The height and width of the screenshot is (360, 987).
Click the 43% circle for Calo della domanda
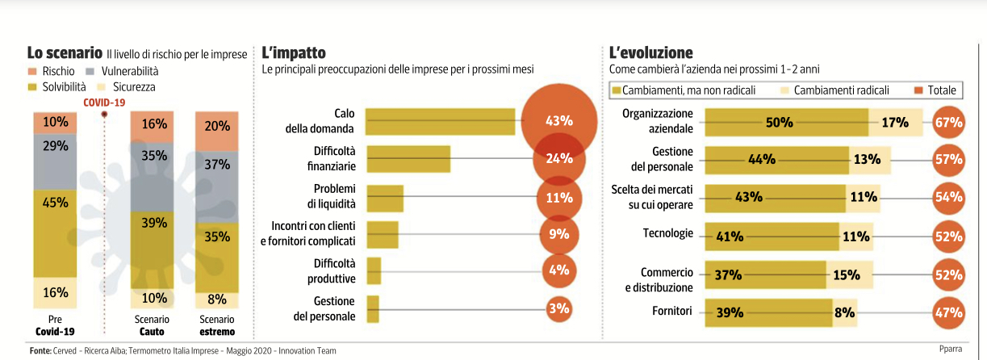point(558,121)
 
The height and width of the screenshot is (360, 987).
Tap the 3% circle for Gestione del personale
point(558,308)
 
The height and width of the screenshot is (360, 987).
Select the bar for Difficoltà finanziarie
point(408,158)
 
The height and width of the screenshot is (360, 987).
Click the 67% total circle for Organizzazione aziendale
point(948,123)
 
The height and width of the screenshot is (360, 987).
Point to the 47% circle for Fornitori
point(948,312)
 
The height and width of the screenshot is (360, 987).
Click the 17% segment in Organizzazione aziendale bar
point(895,123)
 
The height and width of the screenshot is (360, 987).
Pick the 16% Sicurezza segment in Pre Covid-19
point(55,292)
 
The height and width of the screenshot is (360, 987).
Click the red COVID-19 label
point(105,102)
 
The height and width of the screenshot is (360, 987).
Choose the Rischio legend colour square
point(33,72)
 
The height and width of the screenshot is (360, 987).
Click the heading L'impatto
point(294,53)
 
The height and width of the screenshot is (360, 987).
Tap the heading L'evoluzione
point(651,53)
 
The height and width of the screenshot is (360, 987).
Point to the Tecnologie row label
point(667,233)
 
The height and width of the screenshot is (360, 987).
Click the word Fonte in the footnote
point(40,351)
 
